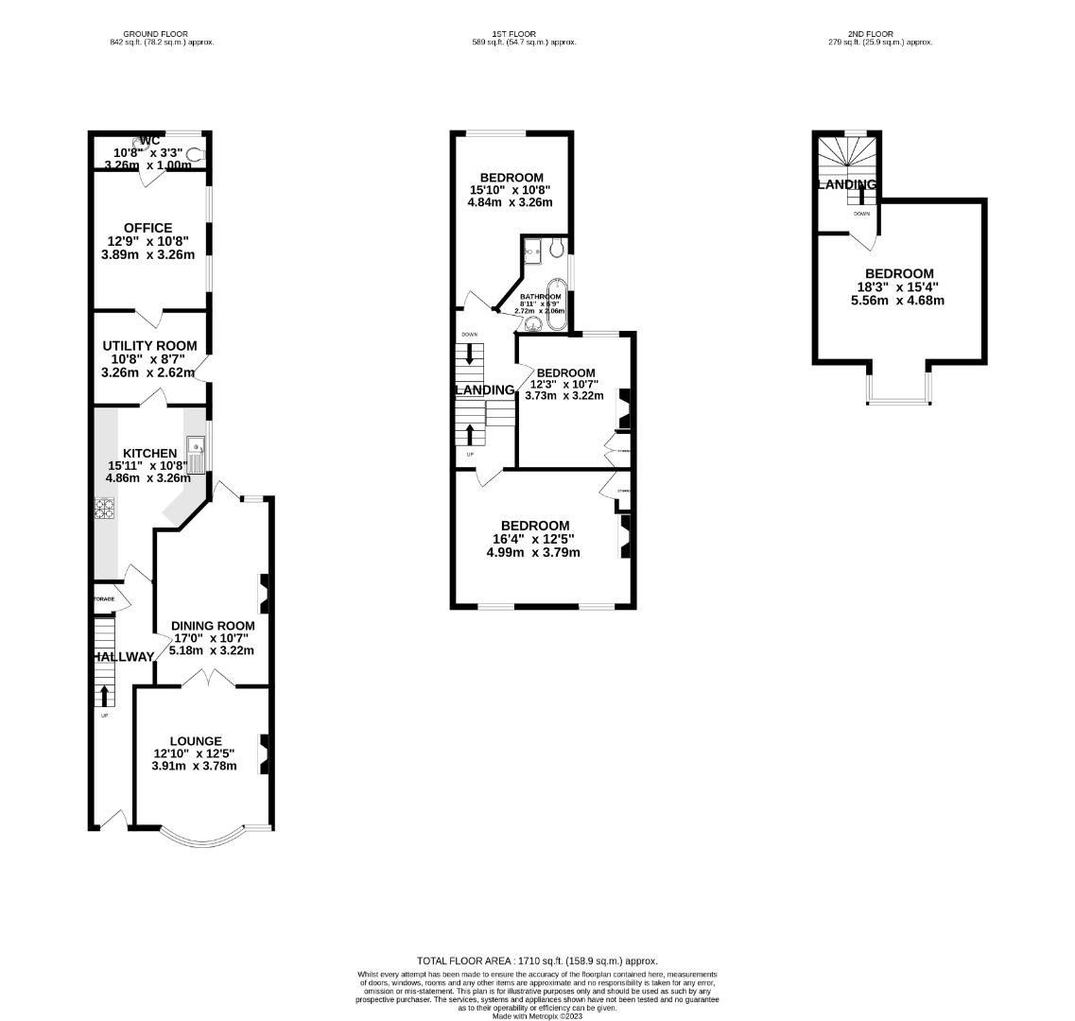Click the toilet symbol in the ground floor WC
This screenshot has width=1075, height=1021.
(x=195, y=154)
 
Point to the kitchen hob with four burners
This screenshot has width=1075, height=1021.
(x=103, y=508)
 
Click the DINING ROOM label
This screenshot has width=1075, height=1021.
(x=213, y=625)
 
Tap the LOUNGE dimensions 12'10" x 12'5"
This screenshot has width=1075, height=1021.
(x=194, y=753)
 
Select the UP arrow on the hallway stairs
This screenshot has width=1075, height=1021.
(x=104, y=696)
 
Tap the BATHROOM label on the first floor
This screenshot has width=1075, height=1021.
(x=540, y=296)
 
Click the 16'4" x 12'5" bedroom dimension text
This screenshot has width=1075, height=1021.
(x=533, y=539)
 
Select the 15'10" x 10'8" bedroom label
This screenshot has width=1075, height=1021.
(x=511, y=190)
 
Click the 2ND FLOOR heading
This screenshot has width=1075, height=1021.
(x=874, y=34)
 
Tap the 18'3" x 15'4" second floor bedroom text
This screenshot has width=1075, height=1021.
(x=897, y=287)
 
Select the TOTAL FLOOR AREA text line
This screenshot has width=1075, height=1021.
(x=537, y=960)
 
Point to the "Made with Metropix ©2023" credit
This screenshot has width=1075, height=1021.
(x=537, y=1015)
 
